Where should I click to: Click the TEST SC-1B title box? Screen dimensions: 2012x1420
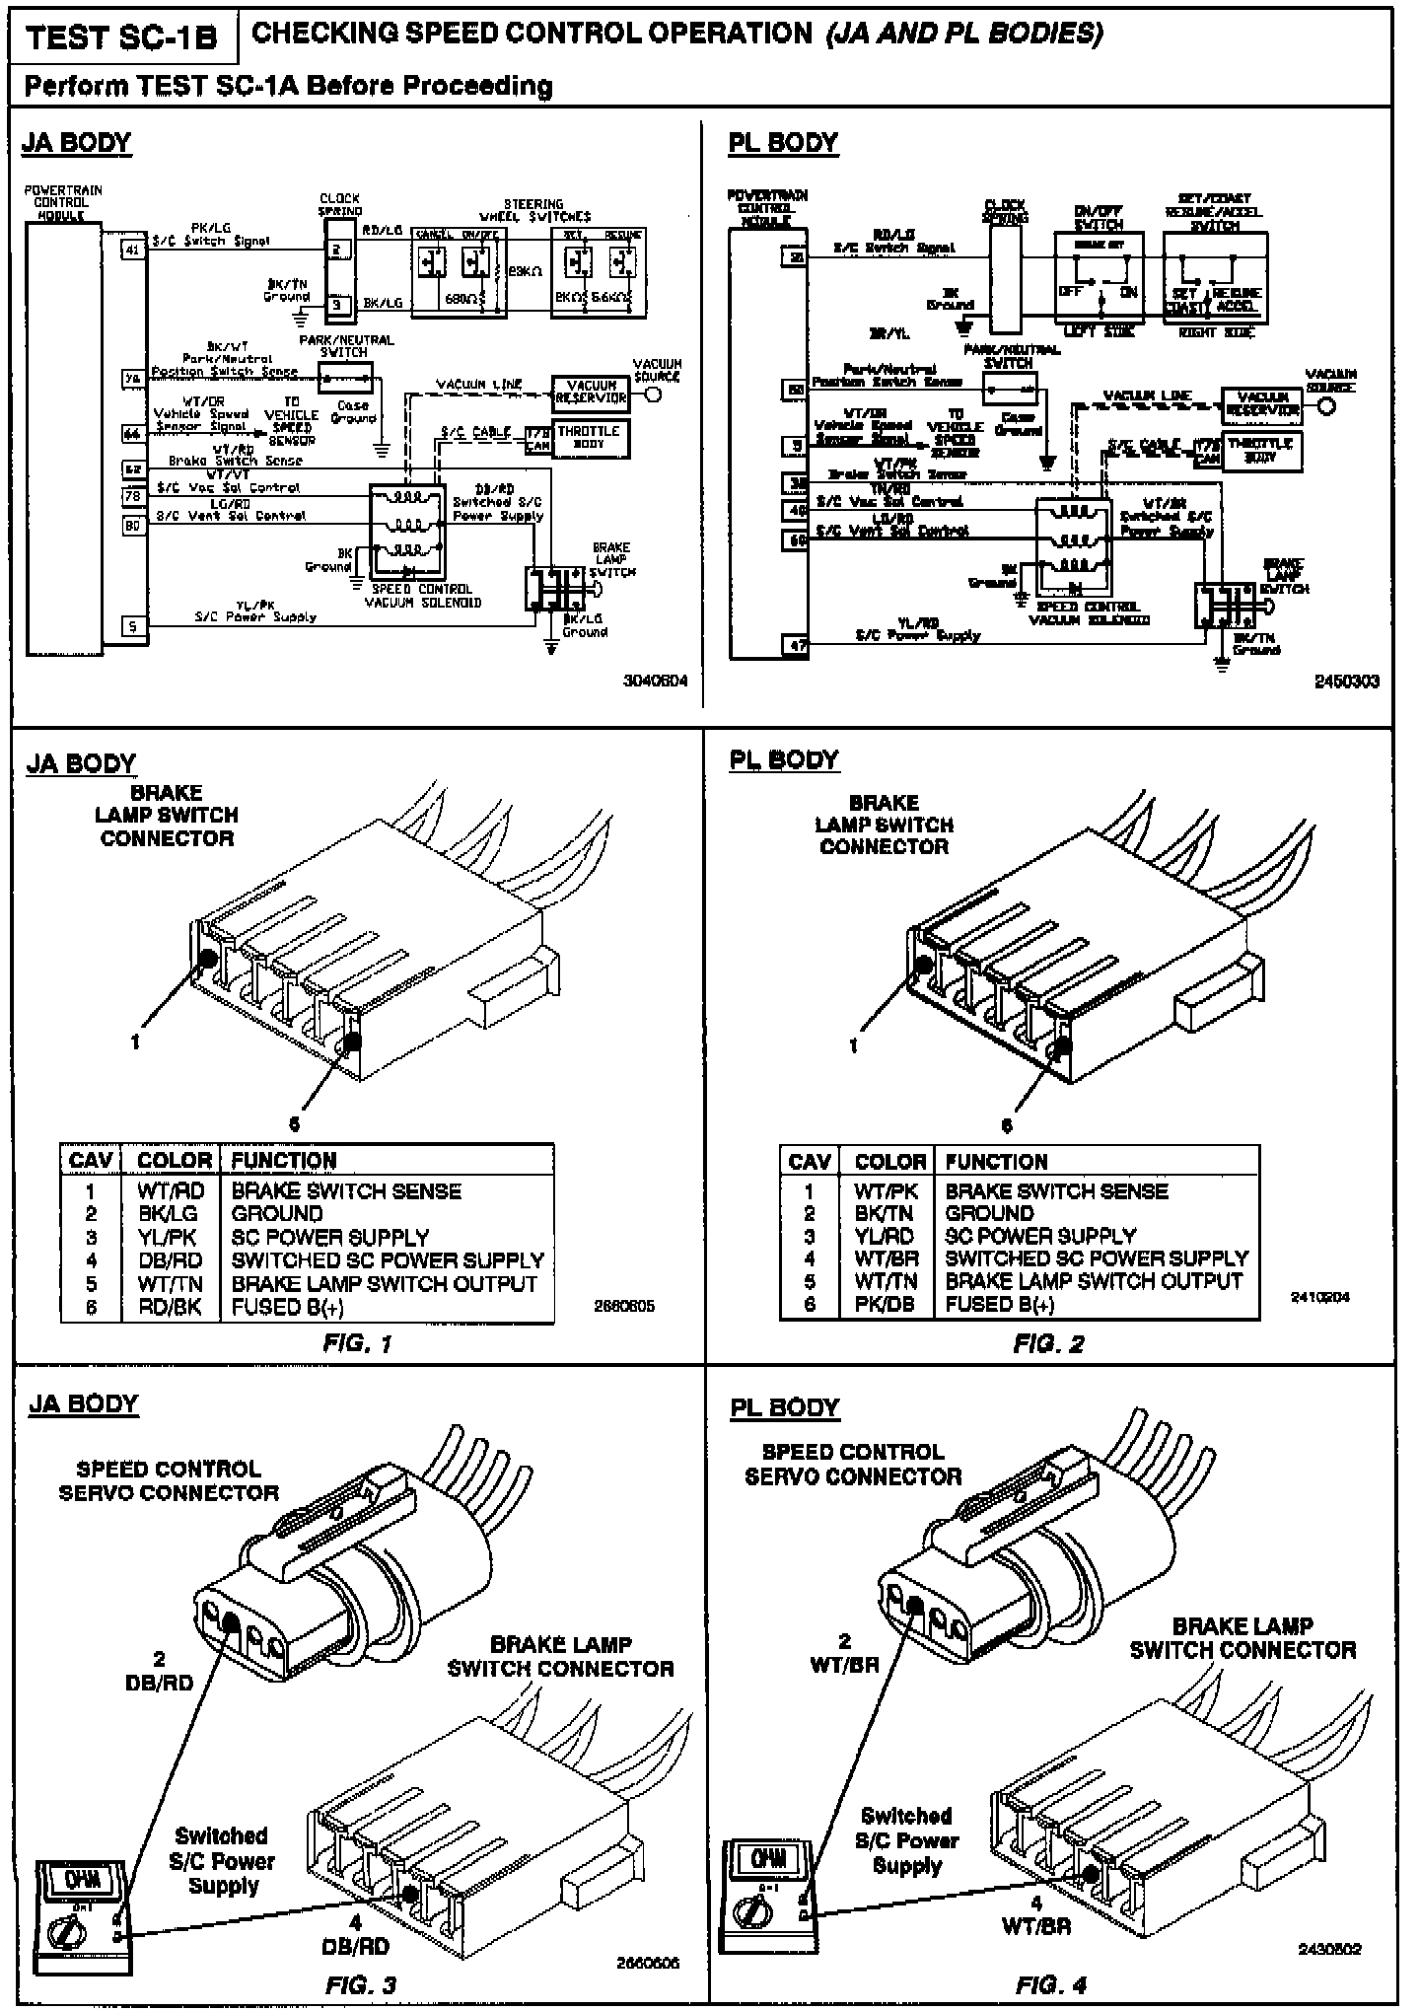point(121,37)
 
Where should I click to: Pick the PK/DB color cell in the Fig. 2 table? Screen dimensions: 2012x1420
point(884,1304)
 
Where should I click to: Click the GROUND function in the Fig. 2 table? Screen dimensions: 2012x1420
point(989,1214)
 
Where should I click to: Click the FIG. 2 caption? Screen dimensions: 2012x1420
point(1048,1343)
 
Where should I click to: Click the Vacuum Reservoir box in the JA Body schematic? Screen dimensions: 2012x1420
point(590,393)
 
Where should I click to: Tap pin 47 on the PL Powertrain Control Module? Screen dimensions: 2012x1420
point(796,646)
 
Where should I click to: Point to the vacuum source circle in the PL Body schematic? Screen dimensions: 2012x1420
point(1327,407)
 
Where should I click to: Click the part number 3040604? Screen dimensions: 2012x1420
point(655,681)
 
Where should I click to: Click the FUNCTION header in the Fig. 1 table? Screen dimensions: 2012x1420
point(284,1161)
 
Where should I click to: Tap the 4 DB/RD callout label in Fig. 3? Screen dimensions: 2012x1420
point(355,1935)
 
